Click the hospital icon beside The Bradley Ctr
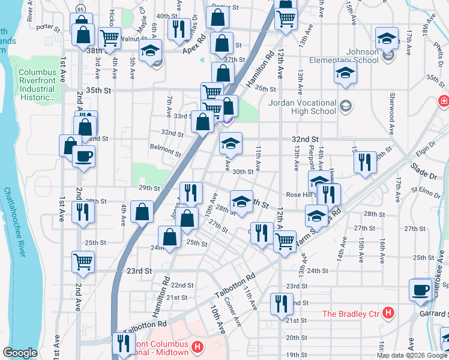[x=388, y=313]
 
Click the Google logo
[x=20, y=353]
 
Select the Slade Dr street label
[x=424, y=170]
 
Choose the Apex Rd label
[x=194, y=46]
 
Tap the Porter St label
[x=48, y=28]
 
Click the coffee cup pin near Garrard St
[x=421, y=289]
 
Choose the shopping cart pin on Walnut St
[x=109, y=38]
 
